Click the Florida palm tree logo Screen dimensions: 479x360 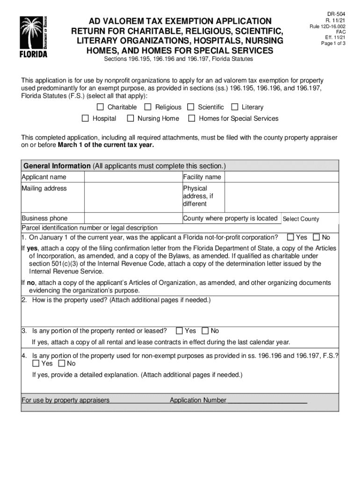coord(33,36)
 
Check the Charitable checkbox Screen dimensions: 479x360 coord(100,107)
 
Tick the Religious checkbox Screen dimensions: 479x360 coord(148,107)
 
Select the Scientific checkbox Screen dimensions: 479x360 coord(191,107)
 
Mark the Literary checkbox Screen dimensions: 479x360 coord(234,107)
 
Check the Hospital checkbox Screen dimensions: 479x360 coord(85,118)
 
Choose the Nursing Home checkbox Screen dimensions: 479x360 coord(130,118)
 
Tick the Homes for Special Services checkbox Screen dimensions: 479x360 coord(191,118)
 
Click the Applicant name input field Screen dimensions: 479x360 coord(133,177)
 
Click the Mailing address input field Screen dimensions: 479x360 coord(133,198)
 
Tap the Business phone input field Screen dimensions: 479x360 coord(133,218)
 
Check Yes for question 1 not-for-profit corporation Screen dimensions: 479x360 coord(290,237)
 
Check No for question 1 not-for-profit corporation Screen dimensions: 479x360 coord(316,237)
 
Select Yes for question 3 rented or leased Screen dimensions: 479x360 coord(179,331)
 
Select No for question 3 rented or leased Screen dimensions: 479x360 coord(205,331)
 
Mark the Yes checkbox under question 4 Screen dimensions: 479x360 coord(36,363)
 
